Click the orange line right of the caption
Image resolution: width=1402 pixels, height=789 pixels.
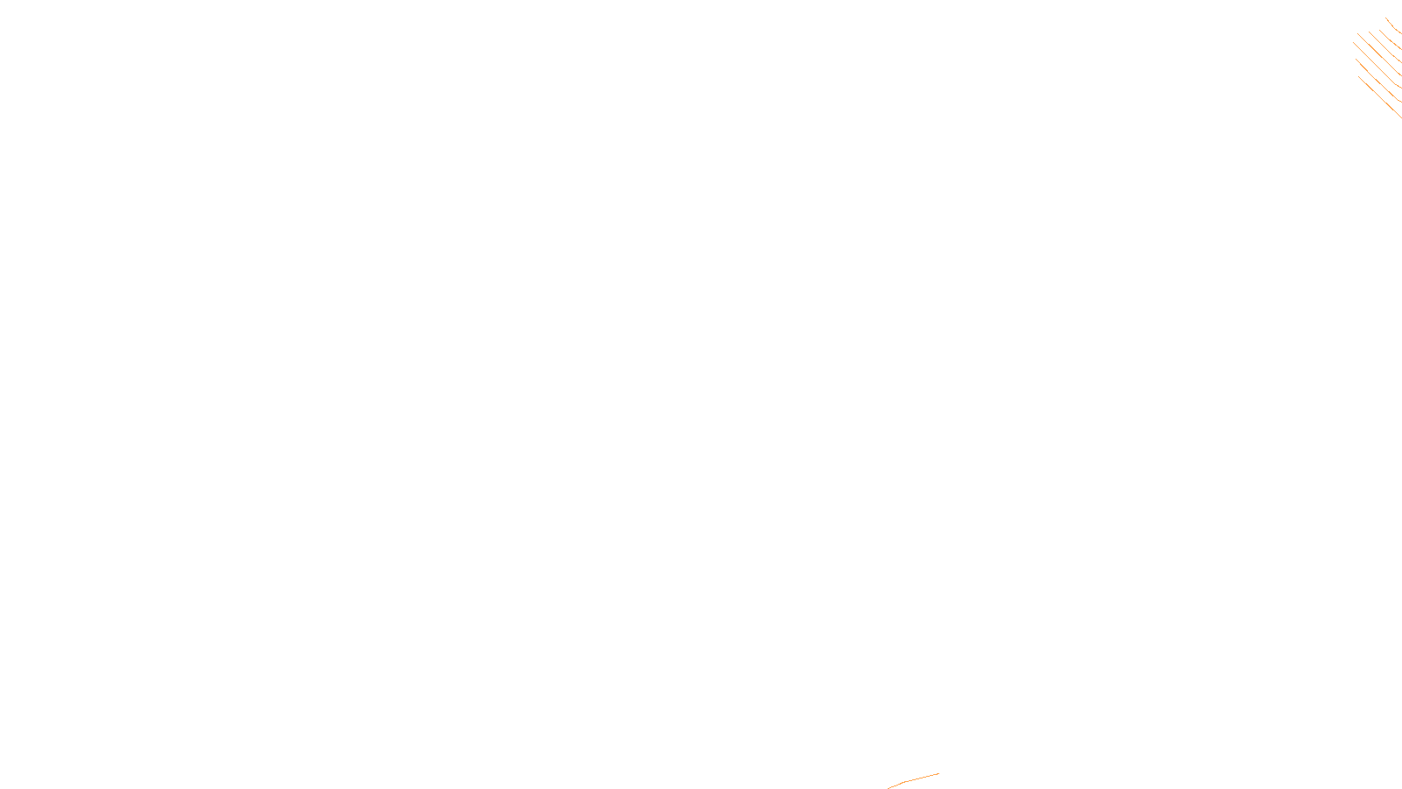point(916,778)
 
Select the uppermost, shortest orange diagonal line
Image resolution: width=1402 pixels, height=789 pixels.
point(1393,25)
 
